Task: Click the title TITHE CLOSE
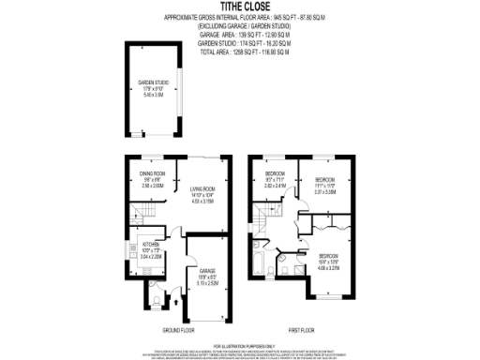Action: pyautogui.click(x=239, y=7)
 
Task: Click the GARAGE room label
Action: pyautogui.click(x=207, y=271)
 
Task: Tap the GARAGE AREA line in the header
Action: pyautogui.click(x=239, y=36)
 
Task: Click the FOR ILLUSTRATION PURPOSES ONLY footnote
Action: pyautogui.click(x=239, y=346)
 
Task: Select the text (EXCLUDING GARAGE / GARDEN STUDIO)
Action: pyautogui.click(x=239, y=26)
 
